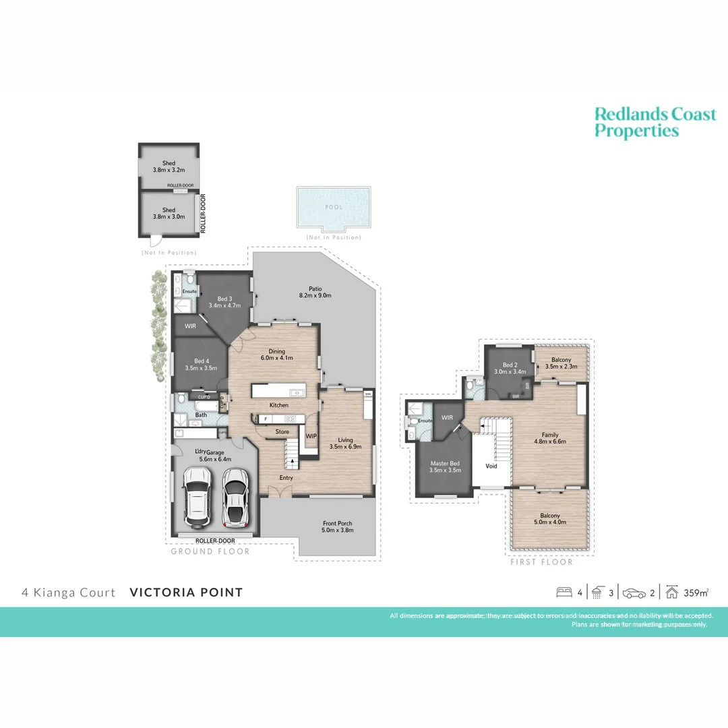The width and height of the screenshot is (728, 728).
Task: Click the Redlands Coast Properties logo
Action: point(655,123)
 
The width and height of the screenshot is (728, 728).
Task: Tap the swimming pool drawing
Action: point(333,208)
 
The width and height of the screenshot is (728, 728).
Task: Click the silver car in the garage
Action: point(235,497)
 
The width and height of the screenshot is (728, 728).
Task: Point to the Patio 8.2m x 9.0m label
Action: point(315,291)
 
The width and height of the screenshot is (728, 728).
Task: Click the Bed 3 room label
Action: point(225,303)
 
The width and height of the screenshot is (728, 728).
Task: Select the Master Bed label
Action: point(445,466)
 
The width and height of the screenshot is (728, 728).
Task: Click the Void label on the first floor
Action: point(491,466)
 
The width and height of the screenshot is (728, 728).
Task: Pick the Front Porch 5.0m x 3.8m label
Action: point(337,526)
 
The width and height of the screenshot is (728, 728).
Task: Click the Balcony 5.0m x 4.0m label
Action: point(549,519)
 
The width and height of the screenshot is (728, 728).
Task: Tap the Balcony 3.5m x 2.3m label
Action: point(561,364)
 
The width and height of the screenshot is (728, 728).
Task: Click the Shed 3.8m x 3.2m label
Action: point(169,167)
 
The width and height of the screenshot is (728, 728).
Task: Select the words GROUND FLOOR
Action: point(210,551)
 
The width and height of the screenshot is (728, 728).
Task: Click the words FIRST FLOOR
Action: point(541,562)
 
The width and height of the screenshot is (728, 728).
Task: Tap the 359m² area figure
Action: point(696,593)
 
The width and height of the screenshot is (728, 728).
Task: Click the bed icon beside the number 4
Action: point(564,593)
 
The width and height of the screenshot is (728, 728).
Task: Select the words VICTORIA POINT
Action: point(185,593)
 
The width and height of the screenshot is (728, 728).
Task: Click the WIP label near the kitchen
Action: point(311,436)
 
